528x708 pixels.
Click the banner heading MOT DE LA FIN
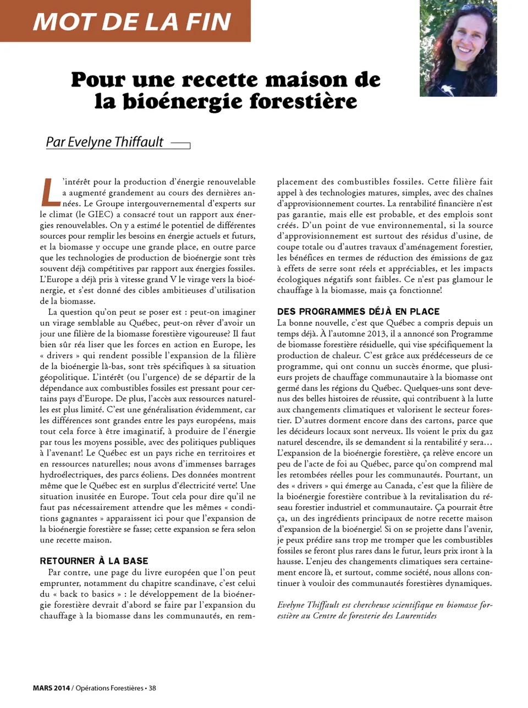(x=132, y=21)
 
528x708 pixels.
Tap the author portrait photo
(x=458, y=48)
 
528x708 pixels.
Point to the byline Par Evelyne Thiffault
(x=105, y=142)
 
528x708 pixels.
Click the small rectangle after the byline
(x=180, y=145)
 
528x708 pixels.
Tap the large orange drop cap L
(x=50, y=192)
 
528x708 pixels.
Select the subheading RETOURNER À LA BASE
(x=94, y=561)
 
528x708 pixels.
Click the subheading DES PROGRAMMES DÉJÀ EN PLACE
(x=358, y=311)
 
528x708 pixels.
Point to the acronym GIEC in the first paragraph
(x=101, y=215)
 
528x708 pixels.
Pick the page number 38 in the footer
(x=152, y=688)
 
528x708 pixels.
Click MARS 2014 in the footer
(x=51, y=688)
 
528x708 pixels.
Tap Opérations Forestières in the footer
(x=109, y=688)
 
